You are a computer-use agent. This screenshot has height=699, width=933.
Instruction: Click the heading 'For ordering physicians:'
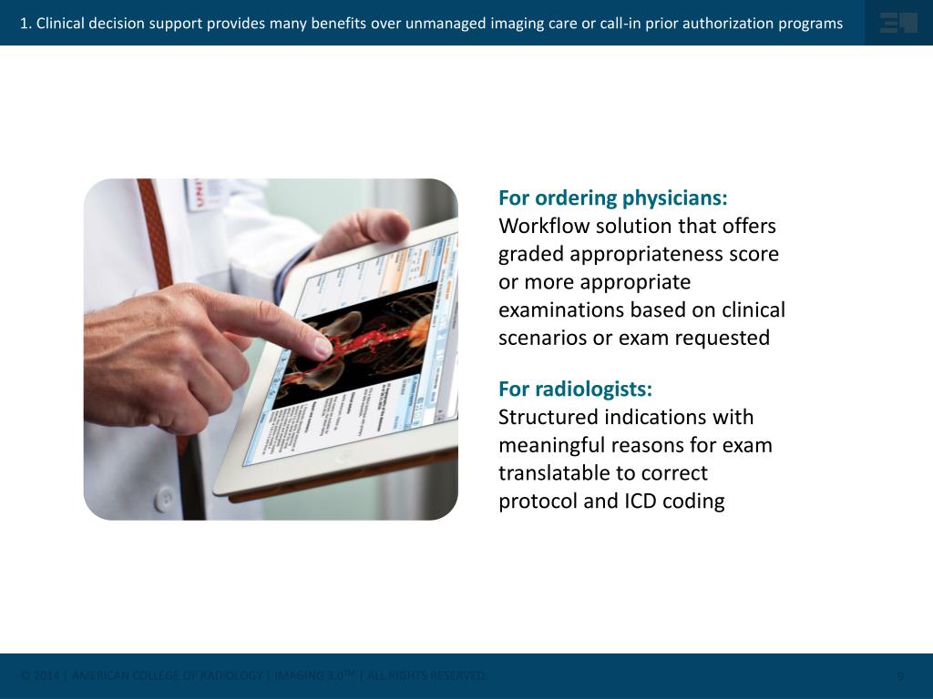pyautogui.click(x=612, y=198)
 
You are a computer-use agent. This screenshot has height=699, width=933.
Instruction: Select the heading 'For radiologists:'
pyautogui.click(x=575, y=390)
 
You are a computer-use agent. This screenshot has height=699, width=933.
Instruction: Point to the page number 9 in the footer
pyautogui.click(x=900, y=676)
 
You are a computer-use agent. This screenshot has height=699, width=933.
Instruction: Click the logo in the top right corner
pyautogui.click(x=897, y=23)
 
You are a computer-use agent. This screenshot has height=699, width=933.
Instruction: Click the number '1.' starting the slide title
pyautogui.click(x=26, y=24)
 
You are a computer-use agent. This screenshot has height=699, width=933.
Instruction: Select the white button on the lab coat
pyautogui.click(x=164, y=498)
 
